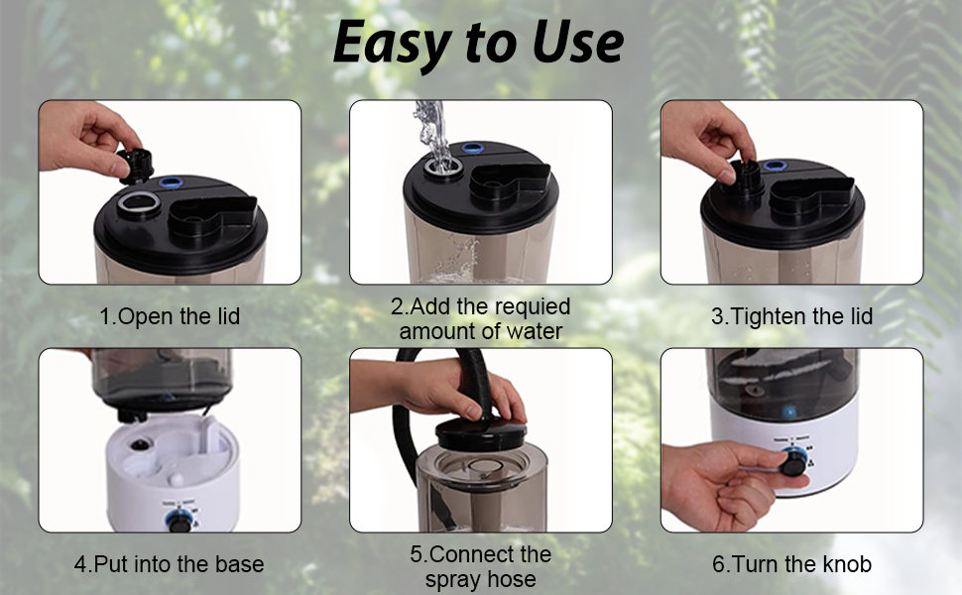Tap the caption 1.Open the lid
point(170,317)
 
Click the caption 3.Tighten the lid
point(791,317)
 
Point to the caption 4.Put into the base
point(170,565)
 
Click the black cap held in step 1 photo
point(136,162)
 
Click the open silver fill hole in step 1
point(131,205)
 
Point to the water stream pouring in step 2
point(428,124)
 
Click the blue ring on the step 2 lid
point(472,149)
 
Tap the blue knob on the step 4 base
point(178,522)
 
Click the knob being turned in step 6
point(792,463)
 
